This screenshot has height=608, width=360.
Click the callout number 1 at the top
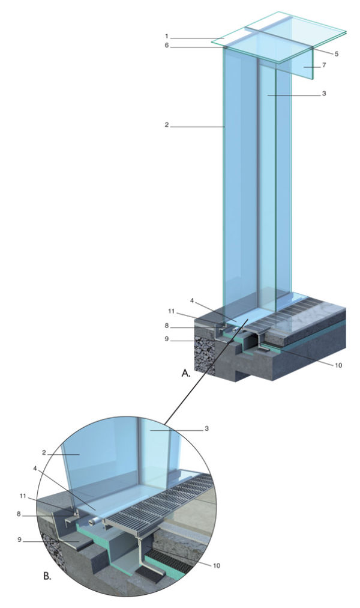tap(166, 36)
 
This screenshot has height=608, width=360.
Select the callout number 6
tap(166, 46)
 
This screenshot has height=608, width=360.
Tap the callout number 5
tap(337, 54)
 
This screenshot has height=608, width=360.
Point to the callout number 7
tap(324, 65)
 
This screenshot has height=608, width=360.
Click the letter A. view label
tap(186, 374)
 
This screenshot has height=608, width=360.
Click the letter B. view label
tap(47, 577)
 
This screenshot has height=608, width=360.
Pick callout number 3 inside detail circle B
tap(207, 429)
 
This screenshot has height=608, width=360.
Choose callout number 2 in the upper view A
tap(166, 125)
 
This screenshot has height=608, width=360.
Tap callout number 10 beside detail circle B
tap(217, 566)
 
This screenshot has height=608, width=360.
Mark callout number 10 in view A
tap(338, 365)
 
